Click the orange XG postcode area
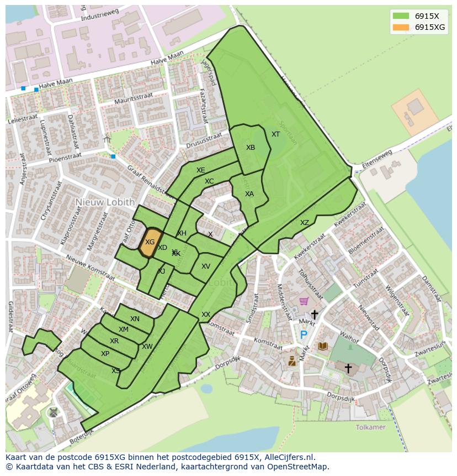[x=150, y=242]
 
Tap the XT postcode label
[x=275, y=134]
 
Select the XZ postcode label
[x=305, y=223]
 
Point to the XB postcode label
[x=251, y=148]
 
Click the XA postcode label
[x=249, y=194]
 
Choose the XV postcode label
[x=206, y=266]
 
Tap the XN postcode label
[x=135, y=319]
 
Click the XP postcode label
[x=105, y=354]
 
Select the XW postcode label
[x=147, y=347]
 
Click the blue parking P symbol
[x=303, y=334]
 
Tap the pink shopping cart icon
[x=304, y=301]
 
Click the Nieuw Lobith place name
[x=105, y=202]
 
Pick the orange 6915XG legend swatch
[x=401, y=27]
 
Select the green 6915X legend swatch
[x=401, y=16]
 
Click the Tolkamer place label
[x=370, y=427]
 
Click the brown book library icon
[x=323, y=346]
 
